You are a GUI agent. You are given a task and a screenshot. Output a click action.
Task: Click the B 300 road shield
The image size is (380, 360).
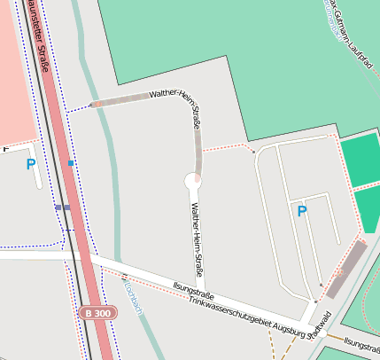pyautogui.click(x=97, y=313)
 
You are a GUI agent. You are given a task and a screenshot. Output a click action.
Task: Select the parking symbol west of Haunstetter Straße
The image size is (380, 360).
pyautogui.click(x=31, y=164)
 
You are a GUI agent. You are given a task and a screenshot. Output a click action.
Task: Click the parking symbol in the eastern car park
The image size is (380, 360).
pyautogui.click(x=301, y=211)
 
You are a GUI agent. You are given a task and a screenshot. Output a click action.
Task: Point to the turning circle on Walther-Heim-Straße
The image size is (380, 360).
pyautogui.click(x=194, y=180)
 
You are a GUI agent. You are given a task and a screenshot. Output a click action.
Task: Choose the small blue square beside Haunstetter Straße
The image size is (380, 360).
pyautogui.click(x=71, y=164)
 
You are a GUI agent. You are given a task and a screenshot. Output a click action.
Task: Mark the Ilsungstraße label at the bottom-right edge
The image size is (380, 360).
pyautogui.click(x=361, y=343)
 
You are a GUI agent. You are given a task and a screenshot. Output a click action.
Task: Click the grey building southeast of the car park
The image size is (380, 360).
pyautogui.click(x=345, y=269)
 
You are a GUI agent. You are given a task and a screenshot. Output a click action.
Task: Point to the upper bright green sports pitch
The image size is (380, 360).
pyautogui.click(x=360, y=160)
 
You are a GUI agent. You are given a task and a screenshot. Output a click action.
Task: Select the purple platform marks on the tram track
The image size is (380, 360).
pyautogui.click(x=62, y=207)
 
